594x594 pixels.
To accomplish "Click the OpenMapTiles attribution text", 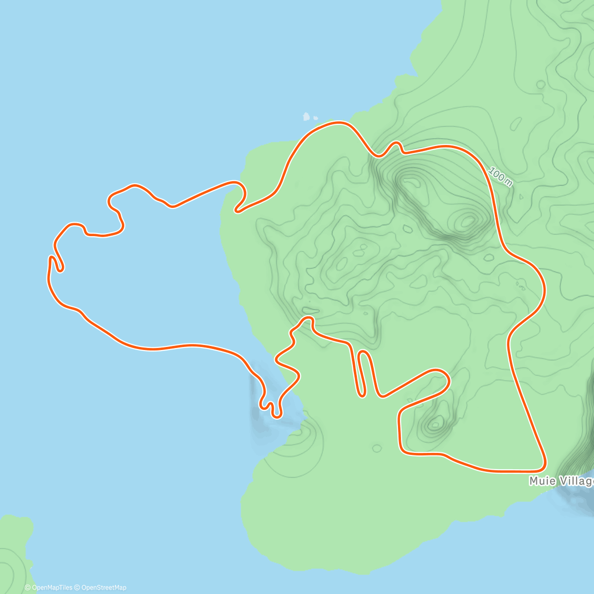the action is (49, 588).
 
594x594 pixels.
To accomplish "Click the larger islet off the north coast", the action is (306, 117).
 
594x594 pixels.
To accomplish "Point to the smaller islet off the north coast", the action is (316, 118).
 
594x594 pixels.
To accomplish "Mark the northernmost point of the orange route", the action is (339, 122).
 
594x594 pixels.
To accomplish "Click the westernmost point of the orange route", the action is (49, 277).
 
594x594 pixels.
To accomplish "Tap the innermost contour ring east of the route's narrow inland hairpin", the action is (436, 423).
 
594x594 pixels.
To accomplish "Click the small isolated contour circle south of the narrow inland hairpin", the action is (377, 448).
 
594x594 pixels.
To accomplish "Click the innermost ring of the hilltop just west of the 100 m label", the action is (466, 220).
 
